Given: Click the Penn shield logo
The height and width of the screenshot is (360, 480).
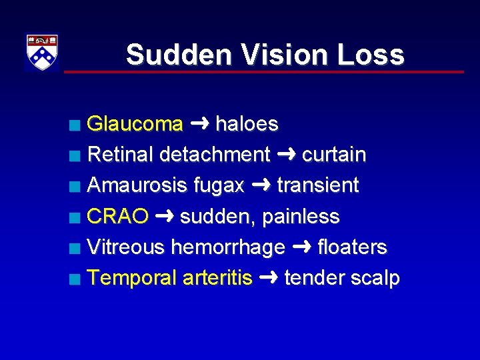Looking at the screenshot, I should (42, 52).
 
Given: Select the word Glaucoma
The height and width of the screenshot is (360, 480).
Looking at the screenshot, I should (135, 124).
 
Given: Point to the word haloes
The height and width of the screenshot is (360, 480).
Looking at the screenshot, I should (247, 124).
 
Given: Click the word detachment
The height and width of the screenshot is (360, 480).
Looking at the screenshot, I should (215, 155).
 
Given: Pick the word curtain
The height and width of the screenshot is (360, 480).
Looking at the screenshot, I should (334, 155).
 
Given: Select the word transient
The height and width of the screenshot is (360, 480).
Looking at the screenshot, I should (318, 185).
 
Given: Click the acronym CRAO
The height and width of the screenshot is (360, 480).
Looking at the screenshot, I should (118, 217).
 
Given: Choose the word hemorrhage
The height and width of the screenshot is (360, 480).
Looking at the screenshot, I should (228, 247).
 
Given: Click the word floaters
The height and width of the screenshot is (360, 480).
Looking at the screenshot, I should (352, 247).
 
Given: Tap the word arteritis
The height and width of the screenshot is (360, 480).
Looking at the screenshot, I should (217, 278).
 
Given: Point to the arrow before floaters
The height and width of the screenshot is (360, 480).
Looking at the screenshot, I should (301, 247).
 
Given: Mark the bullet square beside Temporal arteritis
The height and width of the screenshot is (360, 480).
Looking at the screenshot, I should (78, 279).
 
